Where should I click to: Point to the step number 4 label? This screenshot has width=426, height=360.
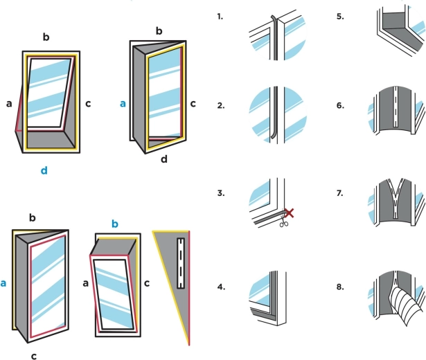pyautogui.click(x=220, y=282)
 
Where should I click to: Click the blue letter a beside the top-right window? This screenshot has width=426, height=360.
pyautogui.click(x=123, y=103)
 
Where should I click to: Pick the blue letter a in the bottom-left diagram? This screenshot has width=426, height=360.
pyautogui.click(x=6, y=283)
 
